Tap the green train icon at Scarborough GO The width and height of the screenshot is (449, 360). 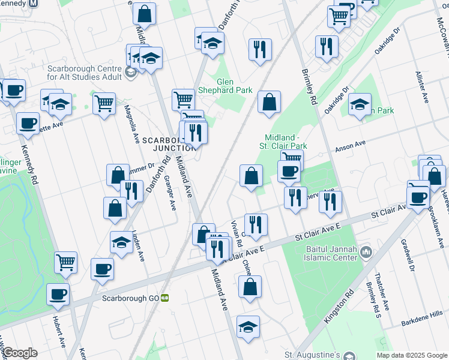point(164,298)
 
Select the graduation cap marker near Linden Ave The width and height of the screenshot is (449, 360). point(121,244)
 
